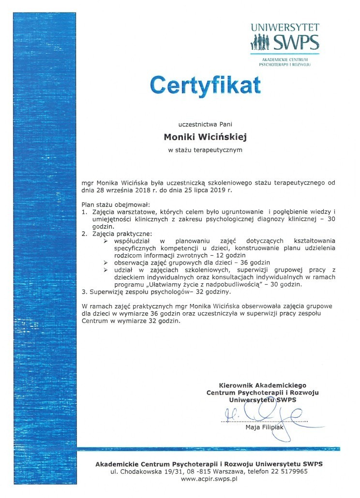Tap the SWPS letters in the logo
(297, 43)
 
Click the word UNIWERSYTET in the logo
(285, 28)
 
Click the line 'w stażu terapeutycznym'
(205, 150)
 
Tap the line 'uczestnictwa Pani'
(205, 124)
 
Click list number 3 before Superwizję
(84, 292)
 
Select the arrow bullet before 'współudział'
(106, 240)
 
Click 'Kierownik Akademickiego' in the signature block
(263, 385)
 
